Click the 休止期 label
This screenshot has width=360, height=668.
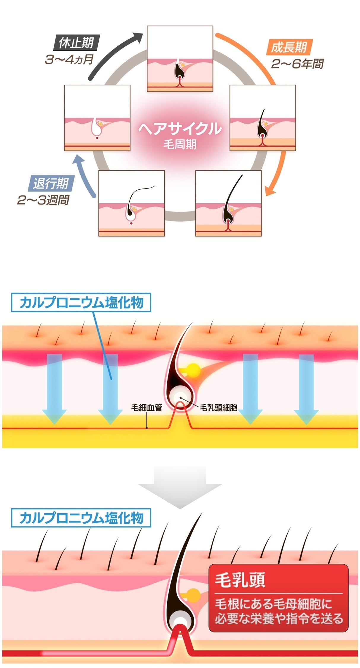[76, 43]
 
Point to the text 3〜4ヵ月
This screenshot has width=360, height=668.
[69, 60]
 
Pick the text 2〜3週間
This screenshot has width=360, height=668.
[43, 200]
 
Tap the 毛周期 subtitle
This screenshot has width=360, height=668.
[180, 144]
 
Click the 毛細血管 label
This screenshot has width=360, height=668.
[146, 408]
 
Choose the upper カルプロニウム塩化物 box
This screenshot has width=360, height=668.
[81, 303]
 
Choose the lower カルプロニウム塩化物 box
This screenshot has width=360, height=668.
[81, 518]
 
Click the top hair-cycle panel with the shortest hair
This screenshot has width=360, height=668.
[180, 59]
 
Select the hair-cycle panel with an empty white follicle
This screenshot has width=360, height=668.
[97, 118]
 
